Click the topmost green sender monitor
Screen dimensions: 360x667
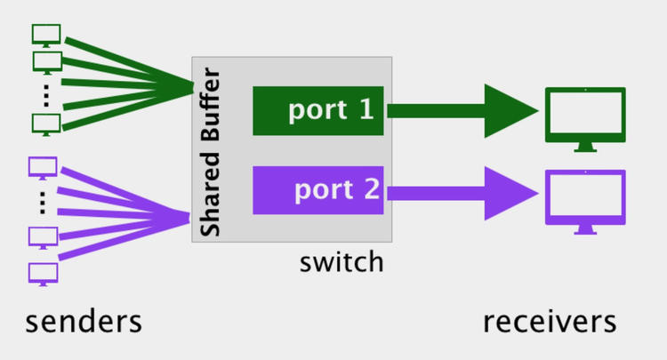click(46, 34)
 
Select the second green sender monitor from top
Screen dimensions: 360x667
click(46, 61)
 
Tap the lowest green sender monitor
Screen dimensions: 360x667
click(46, 123)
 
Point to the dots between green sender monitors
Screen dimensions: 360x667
click(46, 92)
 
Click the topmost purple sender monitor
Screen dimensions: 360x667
click(43, 166)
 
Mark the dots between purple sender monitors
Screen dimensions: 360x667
click(43, 202)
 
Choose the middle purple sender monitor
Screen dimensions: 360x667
click(43, 237)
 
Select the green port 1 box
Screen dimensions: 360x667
click(317, 111)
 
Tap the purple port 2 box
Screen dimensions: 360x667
click(317, 190)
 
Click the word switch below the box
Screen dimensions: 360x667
click(342, 262)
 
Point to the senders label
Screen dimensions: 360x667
click(84, 321)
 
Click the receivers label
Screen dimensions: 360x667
click(549, 321)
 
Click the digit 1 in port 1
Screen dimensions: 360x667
click(366, 110)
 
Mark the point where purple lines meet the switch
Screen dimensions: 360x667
click(190, 216)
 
